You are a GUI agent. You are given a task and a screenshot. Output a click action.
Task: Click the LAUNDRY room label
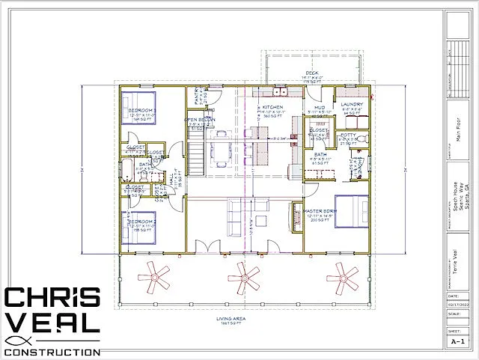(352, 105)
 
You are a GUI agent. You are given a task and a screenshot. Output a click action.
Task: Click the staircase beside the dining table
(195, 156)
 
